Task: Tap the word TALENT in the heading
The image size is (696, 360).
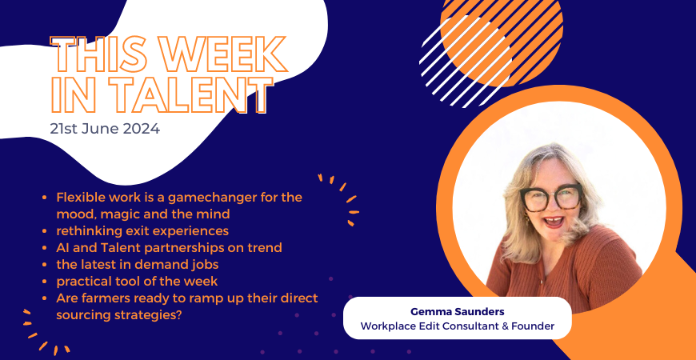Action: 185,94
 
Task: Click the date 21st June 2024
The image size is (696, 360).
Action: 105,129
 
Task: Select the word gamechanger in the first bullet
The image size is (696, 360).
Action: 200,198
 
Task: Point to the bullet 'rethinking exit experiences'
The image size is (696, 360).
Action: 142,231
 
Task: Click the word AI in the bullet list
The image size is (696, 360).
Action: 62,247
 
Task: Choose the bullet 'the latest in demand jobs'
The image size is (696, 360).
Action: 137,264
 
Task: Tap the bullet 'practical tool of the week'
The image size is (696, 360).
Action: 137,281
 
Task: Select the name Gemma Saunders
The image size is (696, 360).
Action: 457,312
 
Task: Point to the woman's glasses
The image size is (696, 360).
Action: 551,198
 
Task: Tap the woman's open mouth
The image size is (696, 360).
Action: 554,221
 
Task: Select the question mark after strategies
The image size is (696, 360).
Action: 173,314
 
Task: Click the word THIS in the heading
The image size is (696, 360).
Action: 98,54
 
